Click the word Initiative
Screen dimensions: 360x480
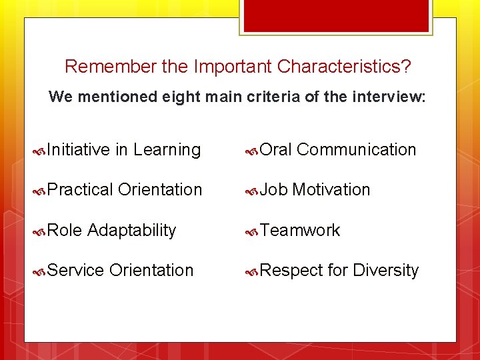(x=79, y=150)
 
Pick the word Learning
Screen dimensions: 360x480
(x=167, y=150)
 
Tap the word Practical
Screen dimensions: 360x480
(x=81, y=190)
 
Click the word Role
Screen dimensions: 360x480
(x=65, y=231)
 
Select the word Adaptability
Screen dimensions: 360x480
(x=132, y=231)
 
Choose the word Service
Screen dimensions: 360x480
(x=76, y=271)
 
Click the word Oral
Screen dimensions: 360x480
(x=276, y=150)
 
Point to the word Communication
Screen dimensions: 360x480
(x=357, y=150)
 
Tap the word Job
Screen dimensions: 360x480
(x=274, y=190)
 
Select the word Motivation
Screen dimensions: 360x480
(x=331, y=190)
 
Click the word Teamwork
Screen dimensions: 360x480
(x=300, y=231)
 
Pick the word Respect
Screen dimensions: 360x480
(x=291, y=271)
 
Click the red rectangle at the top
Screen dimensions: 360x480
(x=337, y=15)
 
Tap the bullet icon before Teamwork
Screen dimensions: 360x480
(x=252, y=231)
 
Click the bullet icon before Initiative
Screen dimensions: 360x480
(x=40, y=151)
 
